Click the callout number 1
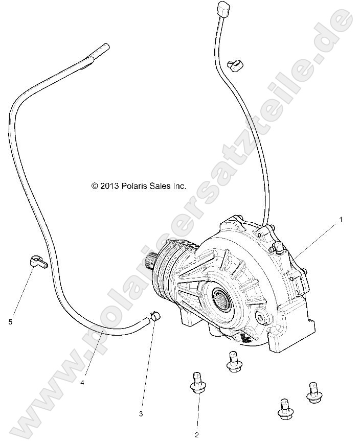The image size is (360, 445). coord(327,219)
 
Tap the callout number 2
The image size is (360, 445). coord(196,435)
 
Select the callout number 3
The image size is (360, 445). coord(141,414)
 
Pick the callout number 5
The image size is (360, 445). coord(10,321)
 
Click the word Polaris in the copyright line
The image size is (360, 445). coord(135,186)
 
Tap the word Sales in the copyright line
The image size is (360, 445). coord(161,186)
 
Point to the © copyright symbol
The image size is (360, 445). coord(94,186)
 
